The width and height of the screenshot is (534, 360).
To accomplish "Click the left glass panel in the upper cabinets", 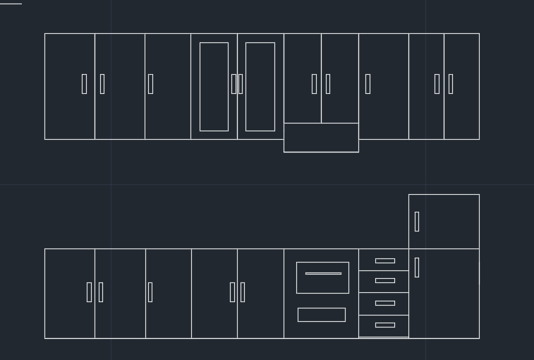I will pyautogui.click(x=214, y=87).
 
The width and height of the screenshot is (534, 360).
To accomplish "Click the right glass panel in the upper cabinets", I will pyautogui.click(x=260, y=87).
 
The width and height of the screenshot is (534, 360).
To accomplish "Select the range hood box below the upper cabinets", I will pyautogui.click(x=321, y=138).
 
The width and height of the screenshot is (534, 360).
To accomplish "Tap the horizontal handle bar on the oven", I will pyautogui.click(x=323, y=273).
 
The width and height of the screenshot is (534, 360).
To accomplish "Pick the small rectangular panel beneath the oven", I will pyautogui.click(x=321, y=315).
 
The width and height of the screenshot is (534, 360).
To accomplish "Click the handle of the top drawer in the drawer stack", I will pyautogui.click(x=384, y=260).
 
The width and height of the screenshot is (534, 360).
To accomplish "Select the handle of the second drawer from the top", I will pyautogui.click(x=384, y=280).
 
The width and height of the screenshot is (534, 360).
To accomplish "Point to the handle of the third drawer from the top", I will pyautogui.click(x=384, y=303).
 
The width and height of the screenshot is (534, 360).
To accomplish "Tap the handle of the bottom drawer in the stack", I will pyautogui.click(x=384, y=325).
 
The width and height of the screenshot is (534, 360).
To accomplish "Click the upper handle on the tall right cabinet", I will pyautogui.click(x=417, y=221).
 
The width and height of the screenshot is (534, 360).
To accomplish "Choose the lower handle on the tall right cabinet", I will pyautogui.click(x=417, y=267).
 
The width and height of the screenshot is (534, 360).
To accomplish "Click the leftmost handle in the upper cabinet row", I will pyautogui.click(x=84, y=84).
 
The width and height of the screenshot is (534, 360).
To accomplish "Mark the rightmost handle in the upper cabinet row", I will pyautogui.click(x=450, y=84).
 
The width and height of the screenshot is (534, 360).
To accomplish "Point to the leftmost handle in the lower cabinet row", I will pyautogui.click(x=89, y=292).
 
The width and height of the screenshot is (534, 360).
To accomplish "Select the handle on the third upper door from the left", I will pyautogui.click(x=150, y=84).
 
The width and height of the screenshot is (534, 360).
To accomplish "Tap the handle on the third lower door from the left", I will pyautogui.click(x=150, y=292).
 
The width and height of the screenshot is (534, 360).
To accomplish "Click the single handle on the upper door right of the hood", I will pyautogui.click(x=368, y=84).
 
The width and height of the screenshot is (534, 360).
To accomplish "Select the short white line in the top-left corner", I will pyautogui.click(x=11, y=4).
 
